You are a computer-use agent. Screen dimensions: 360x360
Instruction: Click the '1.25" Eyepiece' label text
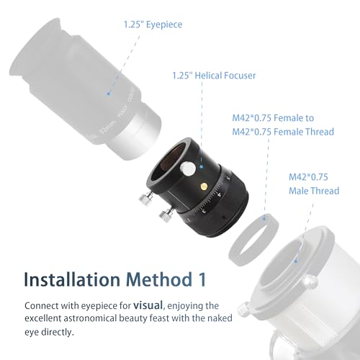(153, 24)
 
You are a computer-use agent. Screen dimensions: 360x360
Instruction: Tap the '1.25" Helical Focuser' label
(214, 76)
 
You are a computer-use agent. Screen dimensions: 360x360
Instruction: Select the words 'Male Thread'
(314, 191)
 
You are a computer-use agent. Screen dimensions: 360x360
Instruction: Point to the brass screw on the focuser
(204, 186)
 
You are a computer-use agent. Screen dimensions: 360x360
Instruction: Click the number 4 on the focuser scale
(219, 194)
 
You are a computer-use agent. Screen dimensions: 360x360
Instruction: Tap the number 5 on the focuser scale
(228, 178)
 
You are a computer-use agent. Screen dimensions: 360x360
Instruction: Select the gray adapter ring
(253, 240)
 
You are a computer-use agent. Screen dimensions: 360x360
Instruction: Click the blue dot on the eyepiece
(109, 94)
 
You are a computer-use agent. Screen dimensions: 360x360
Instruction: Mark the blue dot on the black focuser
(202, 166)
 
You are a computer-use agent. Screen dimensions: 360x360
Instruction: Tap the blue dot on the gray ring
(264, 218)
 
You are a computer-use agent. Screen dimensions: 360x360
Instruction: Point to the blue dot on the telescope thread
(296, 261)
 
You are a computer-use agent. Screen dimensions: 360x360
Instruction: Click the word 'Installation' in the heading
(72, 279)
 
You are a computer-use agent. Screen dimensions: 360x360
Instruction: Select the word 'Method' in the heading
(159, 279)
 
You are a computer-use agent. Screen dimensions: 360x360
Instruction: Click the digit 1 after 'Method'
(202, 279)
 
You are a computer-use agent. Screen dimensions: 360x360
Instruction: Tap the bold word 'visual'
(148, 305)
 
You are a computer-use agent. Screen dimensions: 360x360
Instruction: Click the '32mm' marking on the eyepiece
(107, 128)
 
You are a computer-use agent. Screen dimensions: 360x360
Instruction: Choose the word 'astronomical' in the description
(90, 318)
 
